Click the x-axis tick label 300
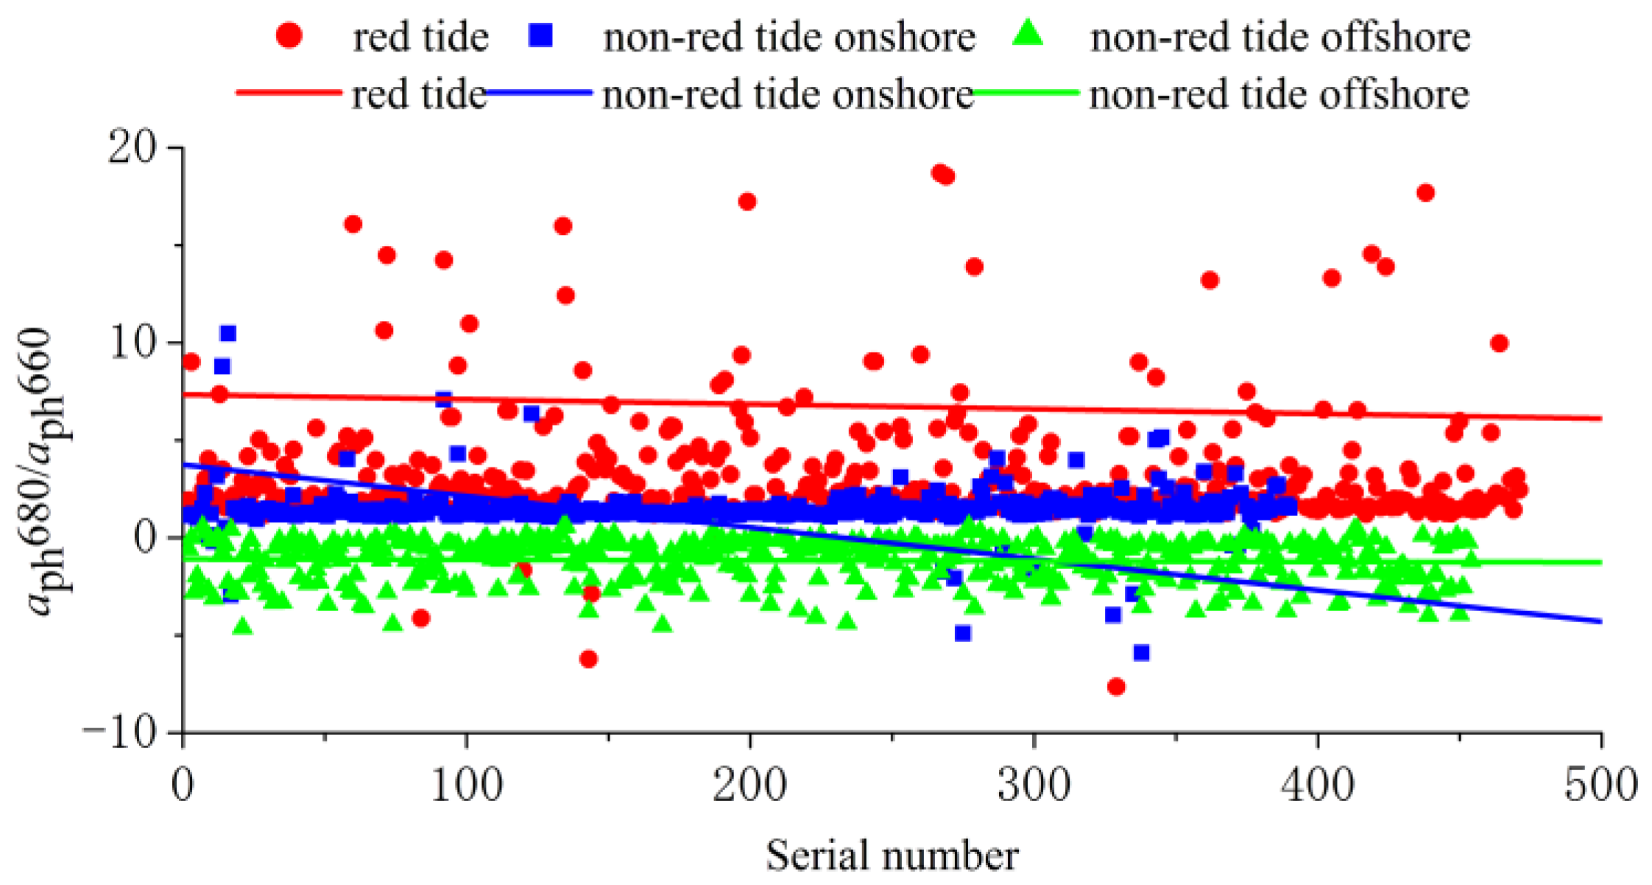pyautogui.click(x=1034, y=786)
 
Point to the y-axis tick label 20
pyautogui.click(x=133, y=149)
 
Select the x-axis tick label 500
pyautogui.click(x=1600, y=786)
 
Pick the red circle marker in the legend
pyautogui.click(x=289, y=35)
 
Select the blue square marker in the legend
pyautogui.click(x=541, y=35)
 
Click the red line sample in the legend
pyautogui.click(x=289, y=93)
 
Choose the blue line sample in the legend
pyautogui.click(x=540, y=93)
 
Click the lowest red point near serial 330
pyautogui.click(x=1116, y=687)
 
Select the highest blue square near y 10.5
pyautogui.click(x=228, y=334)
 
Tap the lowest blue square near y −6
pyautogui.click(x=1141, y=652)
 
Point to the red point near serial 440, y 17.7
pyautogui.click(x=1425, y=193)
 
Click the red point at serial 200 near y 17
pyautogui.click(x=747, y=202)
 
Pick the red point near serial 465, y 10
pyautogui.click(x=1500, y=343)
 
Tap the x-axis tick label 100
pyautogui.click(x=467, y=786)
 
